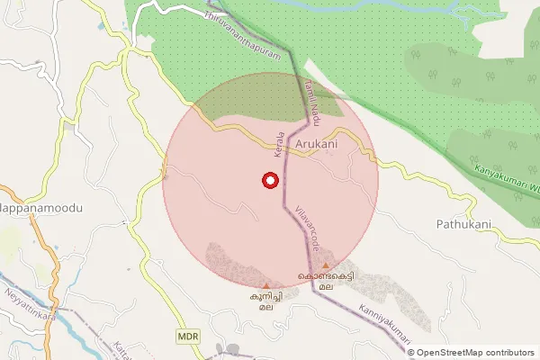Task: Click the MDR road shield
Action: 187,336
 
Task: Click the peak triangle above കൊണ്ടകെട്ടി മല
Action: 326,265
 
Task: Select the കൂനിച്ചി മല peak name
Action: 265,300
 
